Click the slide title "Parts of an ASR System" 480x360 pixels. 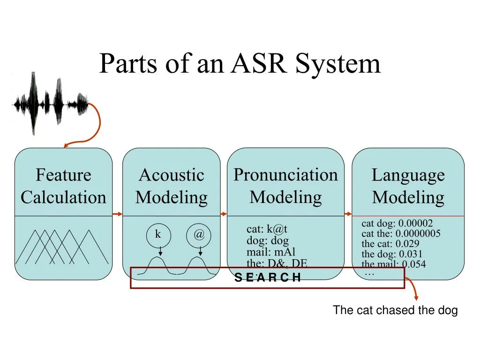tap(240, 63)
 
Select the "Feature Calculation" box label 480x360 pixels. tap(63, 186)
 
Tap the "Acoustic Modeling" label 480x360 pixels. tap(171, 186)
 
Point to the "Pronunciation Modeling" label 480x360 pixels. tap(285, 186)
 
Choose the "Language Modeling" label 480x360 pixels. tap(408, 186)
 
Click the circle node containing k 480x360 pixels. tap(158, 235)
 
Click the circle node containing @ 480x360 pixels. tap(199, 235)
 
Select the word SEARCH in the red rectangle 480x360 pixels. tap(267, 277)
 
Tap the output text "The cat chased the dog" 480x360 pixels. tap(395, 310)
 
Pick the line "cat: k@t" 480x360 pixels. tap(267, 230)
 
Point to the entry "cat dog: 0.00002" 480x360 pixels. tap(397, 223)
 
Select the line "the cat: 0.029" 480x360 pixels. tap(390, 244)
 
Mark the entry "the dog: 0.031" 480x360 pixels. tap(392, 254)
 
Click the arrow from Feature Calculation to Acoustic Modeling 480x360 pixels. tap(118, 214)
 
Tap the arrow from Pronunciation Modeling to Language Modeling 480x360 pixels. tap(348, 214)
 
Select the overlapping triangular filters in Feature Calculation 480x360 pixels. tap(61, 247)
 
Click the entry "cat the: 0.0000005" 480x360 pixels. tap(401, 233)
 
